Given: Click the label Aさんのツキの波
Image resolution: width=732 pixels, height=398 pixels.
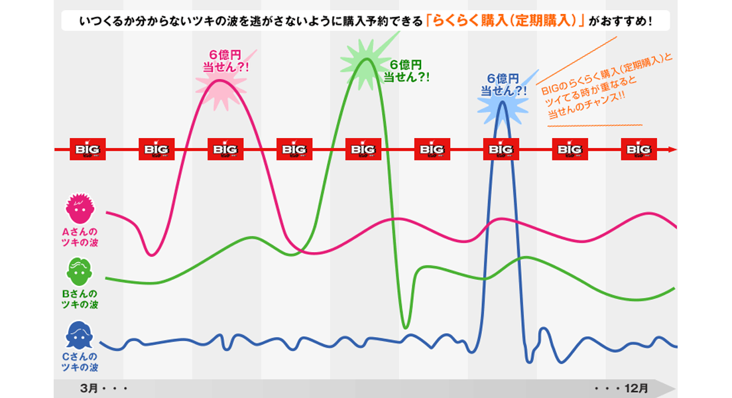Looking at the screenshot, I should click(80, 237).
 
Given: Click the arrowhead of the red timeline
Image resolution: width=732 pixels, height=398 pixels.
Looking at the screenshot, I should click(672, 149).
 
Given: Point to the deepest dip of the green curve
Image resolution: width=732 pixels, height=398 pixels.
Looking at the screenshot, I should click(406, 326).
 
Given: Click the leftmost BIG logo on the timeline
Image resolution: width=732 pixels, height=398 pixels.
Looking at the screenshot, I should click(88, 149).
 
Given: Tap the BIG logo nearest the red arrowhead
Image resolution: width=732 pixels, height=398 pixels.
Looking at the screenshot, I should click(639, 149).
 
